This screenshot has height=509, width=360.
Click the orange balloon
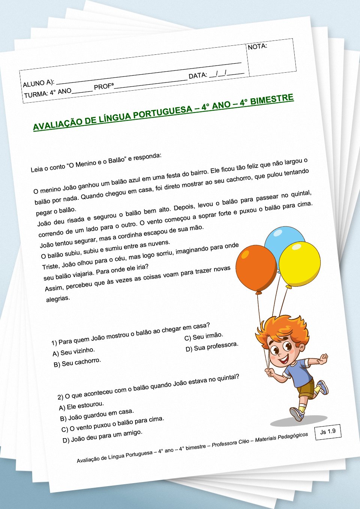point(256,268)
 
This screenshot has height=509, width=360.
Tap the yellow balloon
point(299,263)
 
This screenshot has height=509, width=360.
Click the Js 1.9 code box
point(328,432)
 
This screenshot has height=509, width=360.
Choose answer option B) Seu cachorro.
point(77,362)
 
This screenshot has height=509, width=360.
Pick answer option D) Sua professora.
point(212,347)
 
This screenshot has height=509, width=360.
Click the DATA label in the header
point(198,76)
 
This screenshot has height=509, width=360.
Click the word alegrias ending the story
point(58,299)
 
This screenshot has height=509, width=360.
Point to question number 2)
point(60,397)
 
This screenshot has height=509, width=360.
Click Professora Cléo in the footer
point(230,443)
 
